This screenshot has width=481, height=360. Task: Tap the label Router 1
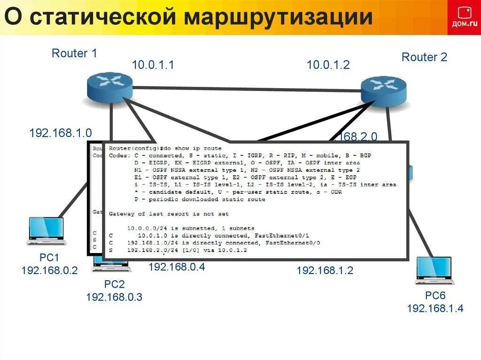(74, 54)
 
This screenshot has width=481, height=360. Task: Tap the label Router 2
(424, 57)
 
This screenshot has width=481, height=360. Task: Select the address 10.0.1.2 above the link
(328, 65)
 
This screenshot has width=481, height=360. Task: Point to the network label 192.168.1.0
(60, 133)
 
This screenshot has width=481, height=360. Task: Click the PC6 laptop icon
(434, 271)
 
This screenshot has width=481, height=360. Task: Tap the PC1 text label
(49, 258)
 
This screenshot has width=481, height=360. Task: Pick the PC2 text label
(114, 284)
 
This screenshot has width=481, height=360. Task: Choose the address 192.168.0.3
(114, 297)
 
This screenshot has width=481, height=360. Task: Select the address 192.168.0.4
(177, 267)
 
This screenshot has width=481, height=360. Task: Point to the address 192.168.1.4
(435, 308)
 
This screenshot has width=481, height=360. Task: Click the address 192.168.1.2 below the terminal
(325, 270)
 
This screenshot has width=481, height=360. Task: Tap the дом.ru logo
(464, 17)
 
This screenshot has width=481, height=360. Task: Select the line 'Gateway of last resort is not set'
(169, 214)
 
